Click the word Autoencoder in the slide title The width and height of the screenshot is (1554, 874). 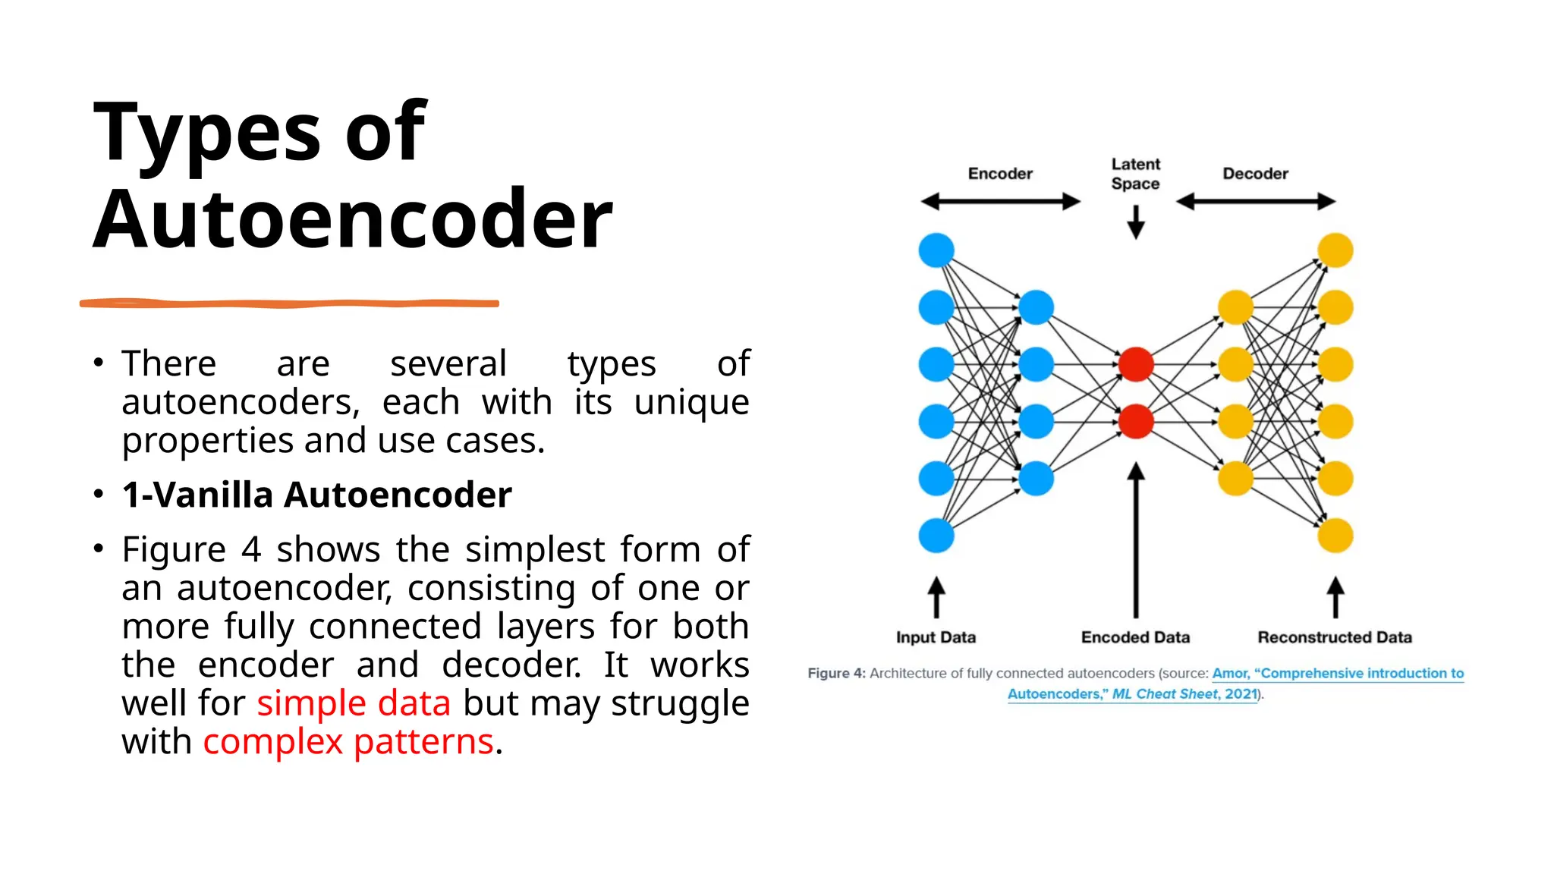tap(352, 220)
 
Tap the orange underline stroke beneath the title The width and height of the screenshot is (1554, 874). tap(288, 303)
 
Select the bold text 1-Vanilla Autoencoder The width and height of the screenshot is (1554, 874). tap(316, 495)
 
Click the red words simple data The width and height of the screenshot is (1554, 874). tap(354, 703)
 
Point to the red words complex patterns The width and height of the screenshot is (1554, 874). tap(348, 742)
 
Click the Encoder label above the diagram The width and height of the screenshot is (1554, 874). tap(1000, 174)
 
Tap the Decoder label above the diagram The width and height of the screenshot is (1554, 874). tap(1255, 174)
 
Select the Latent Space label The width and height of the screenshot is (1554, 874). tap(1135, 174)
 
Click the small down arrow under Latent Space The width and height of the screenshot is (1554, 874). tap(1135, 222)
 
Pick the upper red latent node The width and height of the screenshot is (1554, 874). tap(1135, 364)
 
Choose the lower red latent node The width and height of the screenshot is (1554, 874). tap(1135, 421)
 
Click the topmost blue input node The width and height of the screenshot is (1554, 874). tap(936, 250)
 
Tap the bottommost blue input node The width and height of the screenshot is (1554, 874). tap(936, 536)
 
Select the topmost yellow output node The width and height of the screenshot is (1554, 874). tap(1335, 250)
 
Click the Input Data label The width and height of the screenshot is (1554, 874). tap(936, 637)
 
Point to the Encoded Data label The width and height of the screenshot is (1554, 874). tap(1135, 637)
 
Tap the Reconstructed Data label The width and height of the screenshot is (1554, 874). tap(1335, 637)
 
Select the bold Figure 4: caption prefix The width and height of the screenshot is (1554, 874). tap(836, 673)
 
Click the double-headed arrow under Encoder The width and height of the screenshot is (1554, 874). tap(1000, 201)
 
